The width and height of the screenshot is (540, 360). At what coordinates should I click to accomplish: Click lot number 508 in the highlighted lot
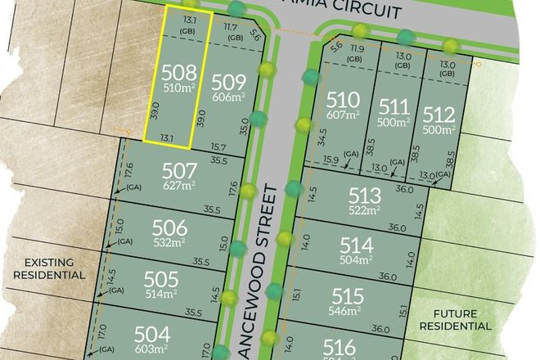click(x=179, y=70)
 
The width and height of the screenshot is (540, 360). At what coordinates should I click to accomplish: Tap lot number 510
click(x=343, y=100)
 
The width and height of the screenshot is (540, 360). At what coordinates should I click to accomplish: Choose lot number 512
click(x=439, y=114)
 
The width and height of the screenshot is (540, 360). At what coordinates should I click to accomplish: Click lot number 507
click(x=180, y=171)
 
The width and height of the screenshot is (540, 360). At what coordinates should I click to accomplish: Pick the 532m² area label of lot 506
click(x=169, y=243)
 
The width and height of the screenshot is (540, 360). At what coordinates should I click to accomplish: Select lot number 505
click(x=160, y=279)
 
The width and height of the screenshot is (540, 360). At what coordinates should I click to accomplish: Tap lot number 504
click(x=152, y=334)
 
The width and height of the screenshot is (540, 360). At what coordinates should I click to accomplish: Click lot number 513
click(x=365, y=196)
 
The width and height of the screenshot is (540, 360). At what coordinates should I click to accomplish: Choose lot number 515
click(x=349, y=295)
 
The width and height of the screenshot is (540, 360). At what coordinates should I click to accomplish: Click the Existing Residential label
click(x=48, y=268)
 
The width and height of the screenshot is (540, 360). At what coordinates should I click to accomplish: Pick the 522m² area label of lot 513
click(x=364, y=210)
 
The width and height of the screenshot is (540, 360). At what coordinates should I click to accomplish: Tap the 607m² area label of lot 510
click(x=343, y=115)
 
